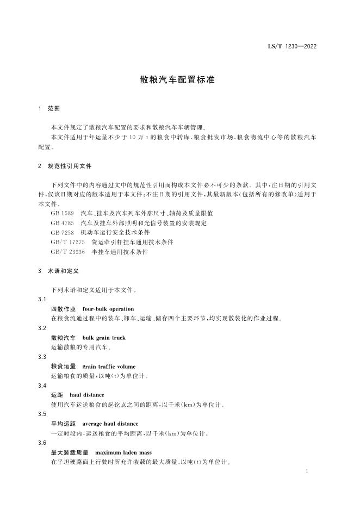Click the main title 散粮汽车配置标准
(178, 79)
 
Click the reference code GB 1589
(63, 213)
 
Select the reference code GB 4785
(63, 222)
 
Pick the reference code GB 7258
(63, 232)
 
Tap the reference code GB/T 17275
(68, 241)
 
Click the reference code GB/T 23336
(68, 251)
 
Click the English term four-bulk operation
(108, 309)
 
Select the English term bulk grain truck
(103, 338)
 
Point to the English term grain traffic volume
(109, 367)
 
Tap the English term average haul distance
(110, 424)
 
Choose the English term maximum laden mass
(123, 452)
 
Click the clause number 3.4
(42, 386)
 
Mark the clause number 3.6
(42, 443)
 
